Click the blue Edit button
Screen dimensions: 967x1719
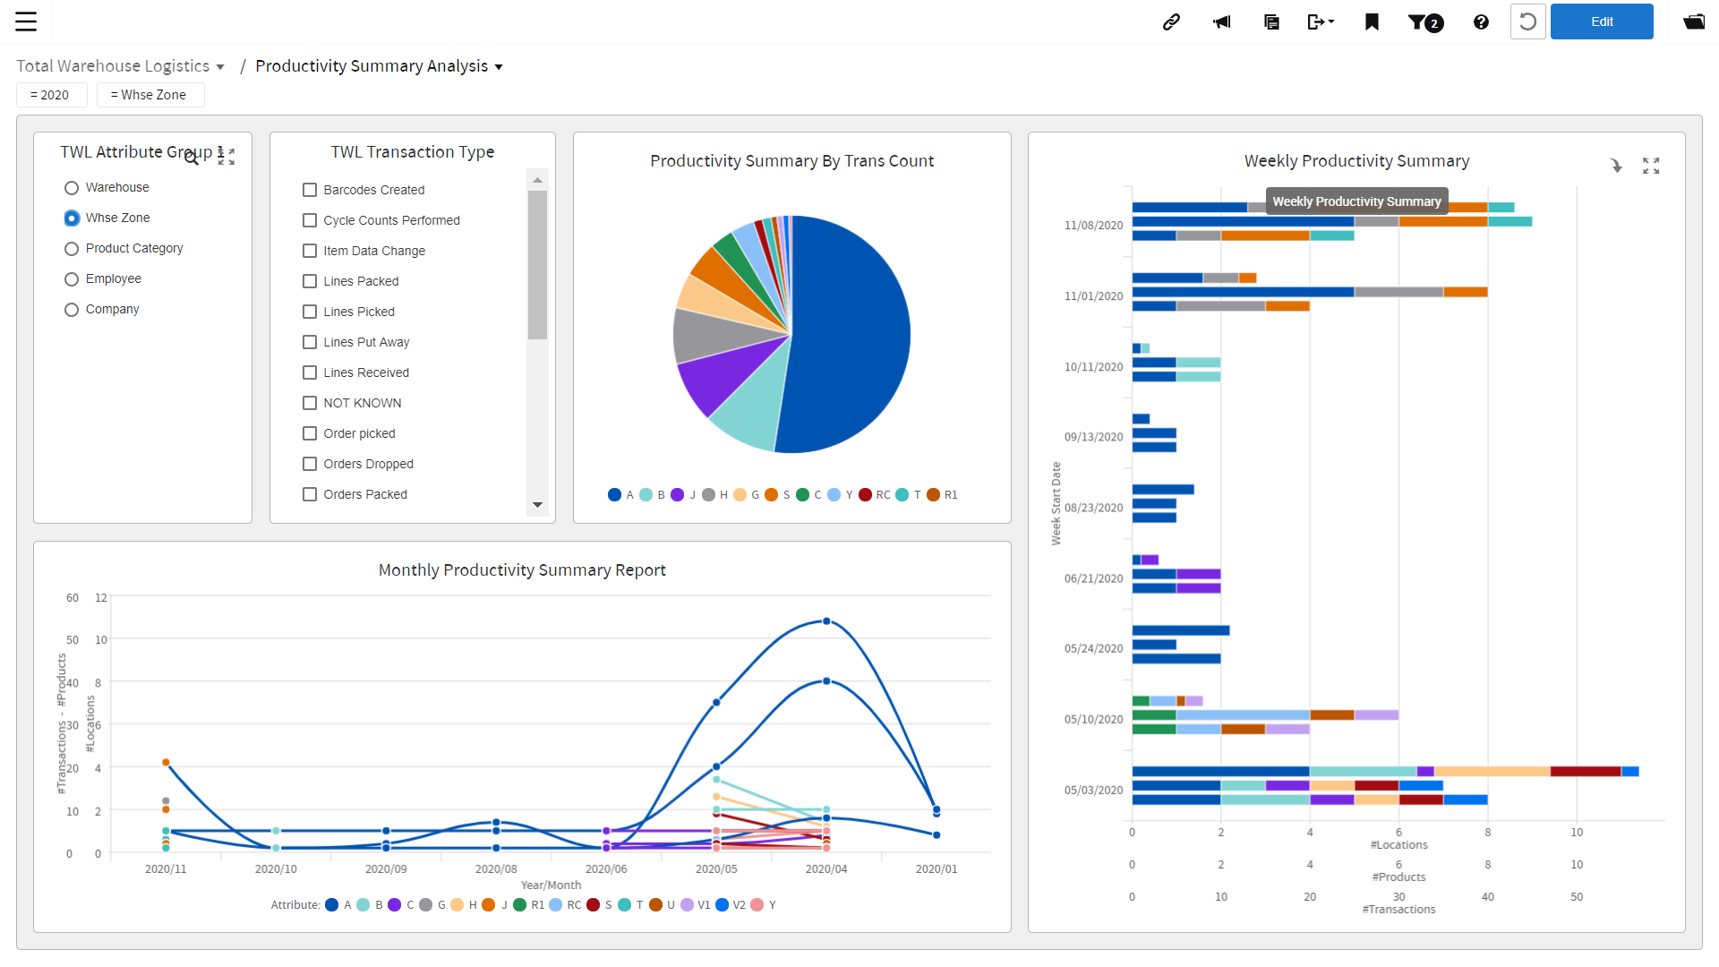1601,21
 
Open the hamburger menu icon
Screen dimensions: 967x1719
26,21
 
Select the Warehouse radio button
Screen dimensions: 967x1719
72,188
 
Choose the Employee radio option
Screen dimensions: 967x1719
72,279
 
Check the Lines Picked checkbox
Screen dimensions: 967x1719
310,312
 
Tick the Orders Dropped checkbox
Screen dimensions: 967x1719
310,464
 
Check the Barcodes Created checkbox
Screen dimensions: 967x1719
310,190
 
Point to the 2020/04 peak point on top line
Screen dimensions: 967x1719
826,621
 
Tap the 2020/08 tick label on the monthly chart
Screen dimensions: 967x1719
495,869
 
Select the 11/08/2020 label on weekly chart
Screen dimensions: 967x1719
1093,226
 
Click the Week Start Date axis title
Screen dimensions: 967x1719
1056,503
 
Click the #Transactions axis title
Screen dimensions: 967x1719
1398,910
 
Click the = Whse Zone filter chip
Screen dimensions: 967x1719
150,95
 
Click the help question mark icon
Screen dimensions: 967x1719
1481,21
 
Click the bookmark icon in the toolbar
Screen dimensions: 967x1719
1372,21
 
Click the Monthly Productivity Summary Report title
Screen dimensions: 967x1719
522,570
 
